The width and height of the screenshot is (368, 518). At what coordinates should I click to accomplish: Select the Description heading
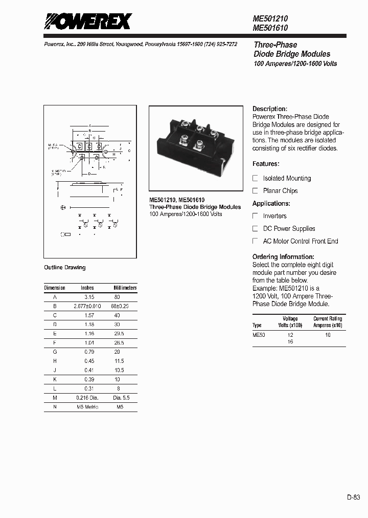[x=270, y=109]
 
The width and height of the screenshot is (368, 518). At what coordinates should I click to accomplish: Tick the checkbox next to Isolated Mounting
[x=256, y=178]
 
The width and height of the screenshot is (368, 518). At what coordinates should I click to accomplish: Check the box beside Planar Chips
[x=256, y=190]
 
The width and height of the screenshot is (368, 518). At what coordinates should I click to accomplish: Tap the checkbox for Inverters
[x=256, y=216]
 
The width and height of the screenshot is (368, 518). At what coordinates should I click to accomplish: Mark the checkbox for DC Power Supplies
[x=256, y=228]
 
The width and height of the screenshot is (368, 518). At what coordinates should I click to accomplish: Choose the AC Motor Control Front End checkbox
[x=256, y=241]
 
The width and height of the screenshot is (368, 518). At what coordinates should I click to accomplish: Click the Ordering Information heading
[x=283, y=256]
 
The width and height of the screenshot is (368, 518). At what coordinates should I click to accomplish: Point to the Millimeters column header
[x=125, y=288]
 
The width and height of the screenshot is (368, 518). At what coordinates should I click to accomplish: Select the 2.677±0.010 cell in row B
[x=87, y=306]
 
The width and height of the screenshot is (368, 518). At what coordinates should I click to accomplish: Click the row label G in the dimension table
[x=55, y=352]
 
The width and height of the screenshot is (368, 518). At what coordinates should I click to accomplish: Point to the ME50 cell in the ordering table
[x=259, y=335]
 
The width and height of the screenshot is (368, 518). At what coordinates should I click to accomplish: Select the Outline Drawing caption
[x=65, y=268]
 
